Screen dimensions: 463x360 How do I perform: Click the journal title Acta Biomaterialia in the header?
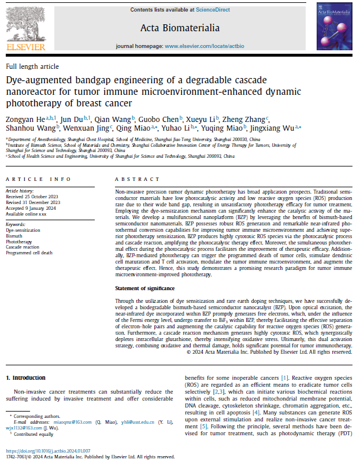(180, 27)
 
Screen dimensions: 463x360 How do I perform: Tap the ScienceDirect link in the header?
(213, 10)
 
